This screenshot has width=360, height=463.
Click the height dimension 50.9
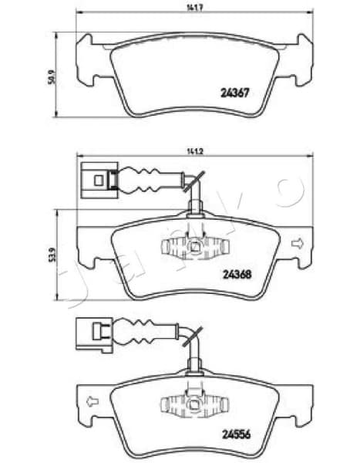(51, 78)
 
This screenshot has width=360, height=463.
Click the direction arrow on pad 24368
(295, 245)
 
